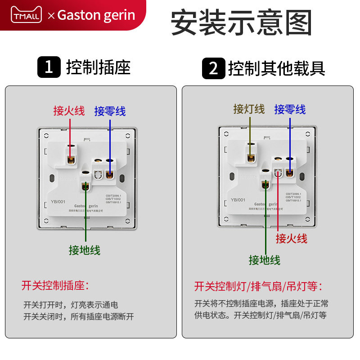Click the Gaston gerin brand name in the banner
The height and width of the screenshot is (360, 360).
coord(96,15)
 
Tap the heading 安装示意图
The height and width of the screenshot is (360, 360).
coord(241,22)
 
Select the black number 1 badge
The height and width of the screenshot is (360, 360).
coord(49,67)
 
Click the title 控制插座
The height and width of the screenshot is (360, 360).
coord(98,67)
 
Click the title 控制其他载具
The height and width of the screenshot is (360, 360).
coord(276,68)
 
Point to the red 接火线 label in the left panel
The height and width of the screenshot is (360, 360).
coord(69,111)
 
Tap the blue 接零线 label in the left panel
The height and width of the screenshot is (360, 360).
coord(110,111)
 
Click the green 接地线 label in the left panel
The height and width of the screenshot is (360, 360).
coord(85,250)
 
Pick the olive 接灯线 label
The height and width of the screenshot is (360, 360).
coord(249,109)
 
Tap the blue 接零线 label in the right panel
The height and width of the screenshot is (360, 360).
coord(290,109)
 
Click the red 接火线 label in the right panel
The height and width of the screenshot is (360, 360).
coord(292,238)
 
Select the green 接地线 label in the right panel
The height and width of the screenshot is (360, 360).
coord(265,260)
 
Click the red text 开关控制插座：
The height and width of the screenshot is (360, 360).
coord(55,285)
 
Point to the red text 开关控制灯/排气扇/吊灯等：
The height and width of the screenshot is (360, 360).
coord(258,286)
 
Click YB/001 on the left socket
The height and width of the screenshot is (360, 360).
coord(58,202)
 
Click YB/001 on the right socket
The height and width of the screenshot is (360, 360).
coord(238,200)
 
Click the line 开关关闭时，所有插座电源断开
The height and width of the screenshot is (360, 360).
coord(79,316)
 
